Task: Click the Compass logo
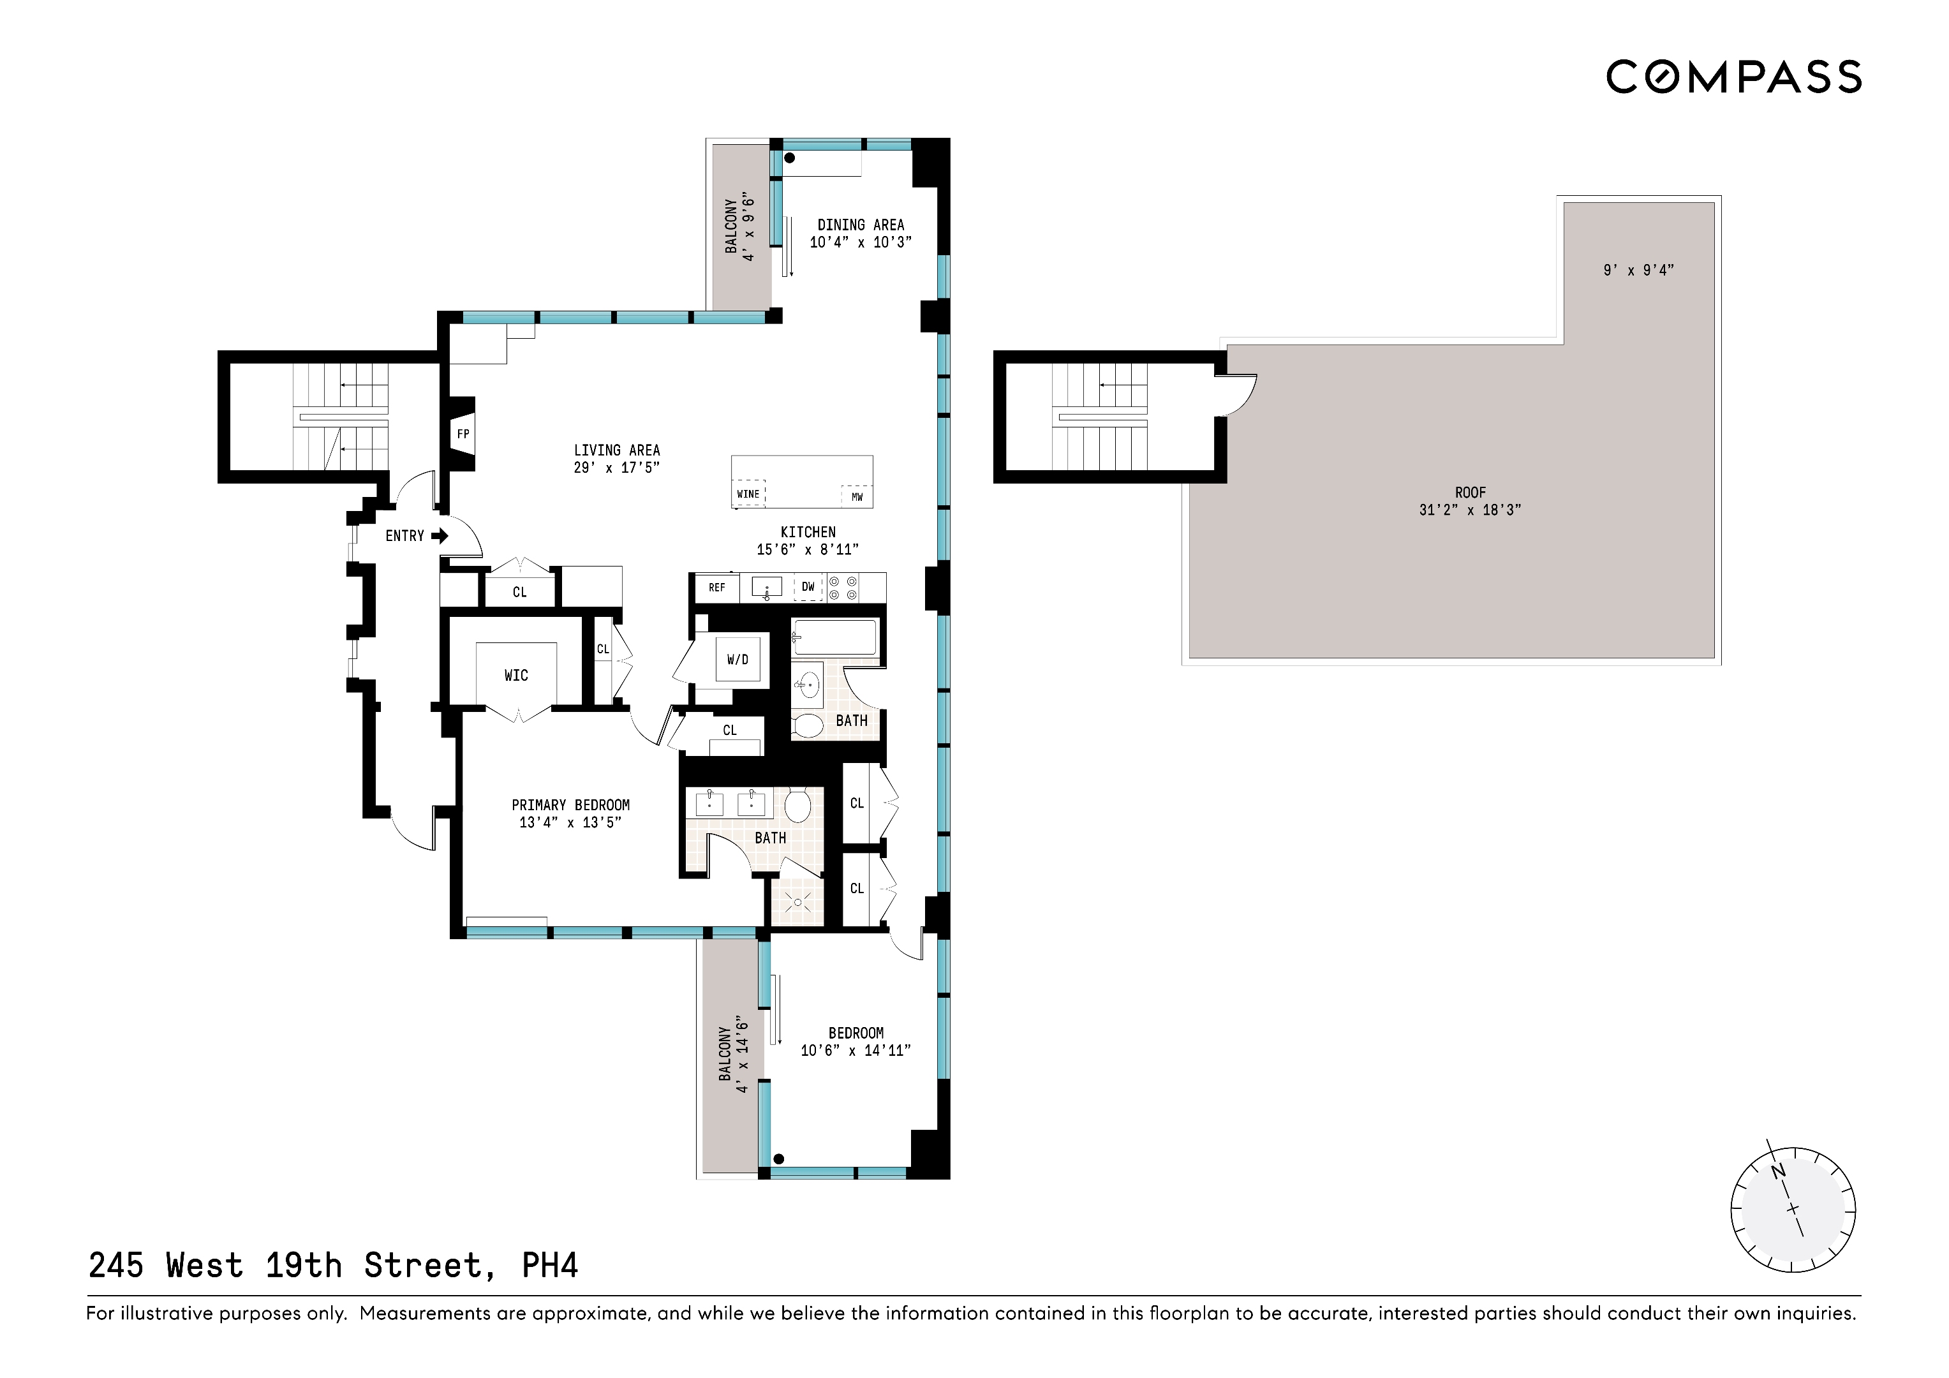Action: (x=1733, y=77)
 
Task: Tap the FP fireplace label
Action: (x=463, y=434)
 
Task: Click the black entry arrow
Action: (x=439, y=536)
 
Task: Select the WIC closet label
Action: (x=515, y=676)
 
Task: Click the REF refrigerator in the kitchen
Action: (x=716, y=588)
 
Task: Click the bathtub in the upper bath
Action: (x=834, y=637)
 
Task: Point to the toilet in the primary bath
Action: (x=797, y=806)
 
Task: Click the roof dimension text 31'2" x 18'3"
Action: (x=1469, y=510)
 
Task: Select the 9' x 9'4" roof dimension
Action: (x=1638, y=270)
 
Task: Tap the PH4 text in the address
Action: (x=549, y=1266)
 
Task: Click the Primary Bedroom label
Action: (x=570, y=805)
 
